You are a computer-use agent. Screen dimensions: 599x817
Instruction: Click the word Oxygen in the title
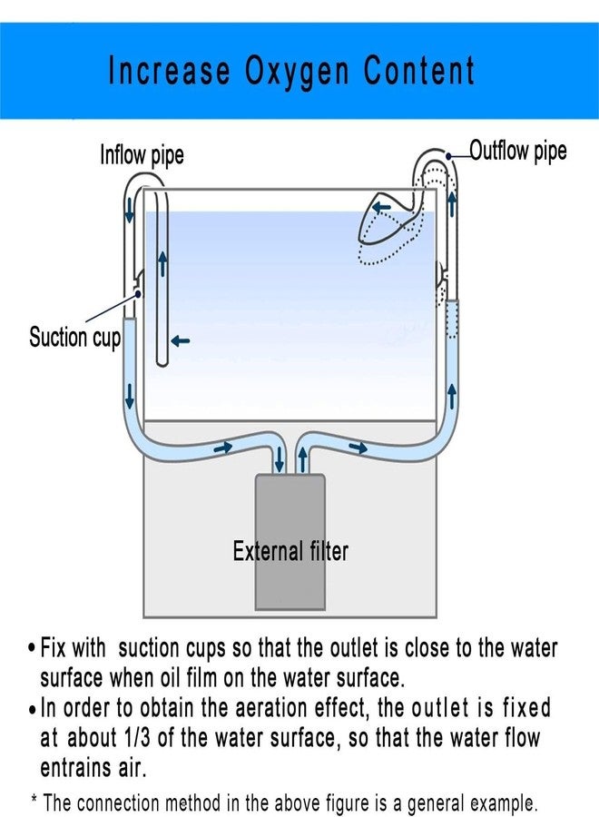tap(297, 71)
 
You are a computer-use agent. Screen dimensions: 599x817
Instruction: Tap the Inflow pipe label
tap(142, 154)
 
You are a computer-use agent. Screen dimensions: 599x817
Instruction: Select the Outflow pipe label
tap(518, 151)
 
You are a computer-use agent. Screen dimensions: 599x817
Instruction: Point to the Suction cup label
tap(74, 337)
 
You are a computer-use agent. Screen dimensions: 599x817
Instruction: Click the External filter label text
tap(290, 551)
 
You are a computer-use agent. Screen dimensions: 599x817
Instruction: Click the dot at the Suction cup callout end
tap(138, 294)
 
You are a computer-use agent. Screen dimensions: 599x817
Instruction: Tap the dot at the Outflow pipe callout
tap(448, 156)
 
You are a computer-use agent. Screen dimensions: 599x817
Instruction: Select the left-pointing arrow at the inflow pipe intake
tap(181, 341)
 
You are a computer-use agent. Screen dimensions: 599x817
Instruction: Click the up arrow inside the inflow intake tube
tap(163, 263)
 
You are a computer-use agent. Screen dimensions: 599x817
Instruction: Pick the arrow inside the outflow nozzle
tap(381, 207)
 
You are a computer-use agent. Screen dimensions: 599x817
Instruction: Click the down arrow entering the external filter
tap(280, 459)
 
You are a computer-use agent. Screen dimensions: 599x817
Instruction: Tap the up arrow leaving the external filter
tap(302, 459)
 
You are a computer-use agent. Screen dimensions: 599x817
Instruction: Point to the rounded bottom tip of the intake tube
tap(162, 364)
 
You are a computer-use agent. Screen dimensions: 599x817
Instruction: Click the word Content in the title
tap(418, 70)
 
